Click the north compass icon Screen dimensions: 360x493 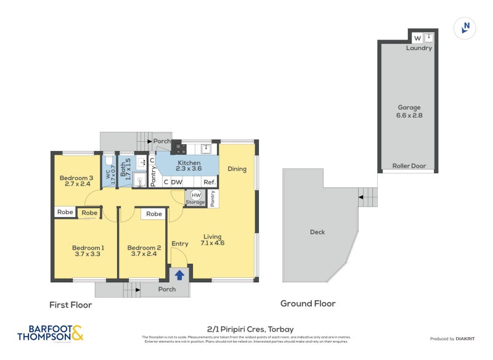point(466,28)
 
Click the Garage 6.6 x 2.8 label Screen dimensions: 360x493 point(409,112)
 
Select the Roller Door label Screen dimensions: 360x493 point(409,166)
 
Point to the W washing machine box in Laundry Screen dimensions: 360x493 point(417,38)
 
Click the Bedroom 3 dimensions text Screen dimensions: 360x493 point(76,184)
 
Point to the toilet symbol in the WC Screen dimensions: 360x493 point(109,162)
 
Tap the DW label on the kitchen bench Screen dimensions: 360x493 point(177,182)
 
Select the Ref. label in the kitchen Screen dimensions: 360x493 point(210,182)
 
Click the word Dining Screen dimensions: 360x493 point(237,169)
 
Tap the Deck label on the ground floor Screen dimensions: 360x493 point(317,232)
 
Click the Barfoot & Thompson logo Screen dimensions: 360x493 point(51,333)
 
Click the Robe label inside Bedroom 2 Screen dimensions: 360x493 point(154,214)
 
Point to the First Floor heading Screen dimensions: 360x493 point(70,305)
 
